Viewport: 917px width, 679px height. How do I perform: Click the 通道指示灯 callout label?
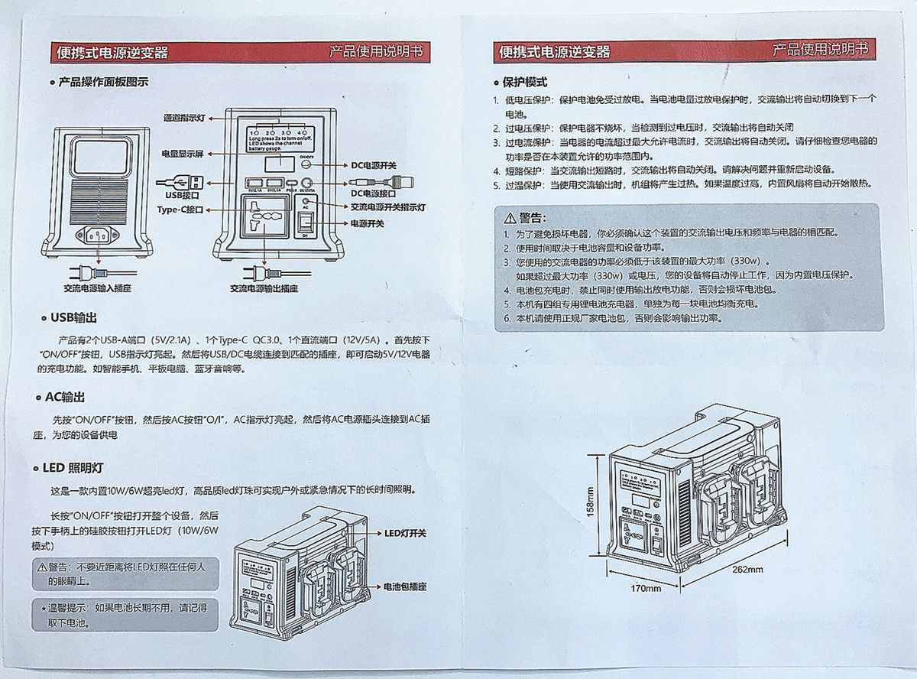click(184, 118)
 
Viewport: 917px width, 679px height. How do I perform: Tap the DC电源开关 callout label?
click(374, 164)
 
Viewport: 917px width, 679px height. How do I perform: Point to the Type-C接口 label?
click(180, 209)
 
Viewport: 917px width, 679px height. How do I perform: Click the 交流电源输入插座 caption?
click(97, 288)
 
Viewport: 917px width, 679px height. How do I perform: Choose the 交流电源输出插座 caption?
click(264, 288)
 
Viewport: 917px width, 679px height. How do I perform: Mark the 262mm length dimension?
click(747, 569)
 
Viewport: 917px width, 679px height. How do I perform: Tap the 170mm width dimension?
click(646, 588)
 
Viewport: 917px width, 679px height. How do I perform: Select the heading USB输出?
click(73, 317)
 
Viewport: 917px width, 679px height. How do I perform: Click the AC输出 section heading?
click(63, 398)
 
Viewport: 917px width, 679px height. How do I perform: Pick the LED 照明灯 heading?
click(73, 468)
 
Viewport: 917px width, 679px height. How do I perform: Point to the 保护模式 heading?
click(524, 82)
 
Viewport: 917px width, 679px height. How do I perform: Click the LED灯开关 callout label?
click(405, 533)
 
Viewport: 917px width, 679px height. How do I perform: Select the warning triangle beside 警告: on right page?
click(510, 218)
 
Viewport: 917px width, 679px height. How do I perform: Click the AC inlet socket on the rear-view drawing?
click(97, 234)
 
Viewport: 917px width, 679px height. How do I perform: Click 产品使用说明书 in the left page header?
click(375, 51)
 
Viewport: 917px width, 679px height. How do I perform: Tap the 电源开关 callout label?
click(367, 223)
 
